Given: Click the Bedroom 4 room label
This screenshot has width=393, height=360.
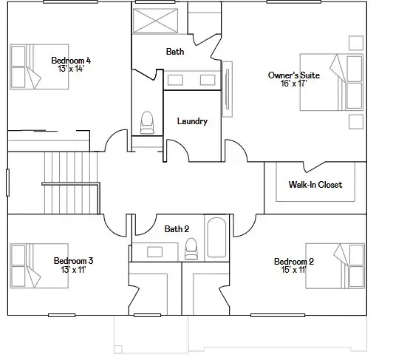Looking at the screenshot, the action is pos(71,61).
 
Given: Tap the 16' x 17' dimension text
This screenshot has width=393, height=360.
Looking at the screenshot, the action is pos(294,84).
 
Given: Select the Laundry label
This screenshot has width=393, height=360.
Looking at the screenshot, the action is pos(192,121).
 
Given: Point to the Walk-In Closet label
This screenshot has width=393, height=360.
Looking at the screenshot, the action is pos(315,185).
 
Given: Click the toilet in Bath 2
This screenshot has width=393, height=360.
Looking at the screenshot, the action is pos(191,248).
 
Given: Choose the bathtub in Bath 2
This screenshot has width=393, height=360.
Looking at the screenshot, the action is pos(216,237).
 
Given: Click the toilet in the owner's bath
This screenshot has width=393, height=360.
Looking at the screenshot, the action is pos(147,123).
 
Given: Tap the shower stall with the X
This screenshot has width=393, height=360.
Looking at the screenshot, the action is pos(155,21).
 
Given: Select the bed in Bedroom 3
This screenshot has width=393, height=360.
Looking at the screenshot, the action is pos(39,265).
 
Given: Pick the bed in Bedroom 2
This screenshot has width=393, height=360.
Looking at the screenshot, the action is pos(335,266).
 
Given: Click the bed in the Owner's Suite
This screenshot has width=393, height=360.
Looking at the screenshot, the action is pos(332,82).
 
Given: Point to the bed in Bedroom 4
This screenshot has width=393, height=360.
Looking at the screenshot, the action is pos(39,67).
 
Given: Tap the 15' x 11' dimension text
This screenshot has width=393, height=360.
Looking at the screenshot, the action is pos(294,270).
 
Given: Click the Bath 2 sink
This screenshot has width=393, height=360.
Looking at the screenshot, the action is pos(154,252).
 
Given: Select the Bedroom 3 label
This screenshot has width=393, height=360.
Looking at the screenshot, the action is pos(73,261).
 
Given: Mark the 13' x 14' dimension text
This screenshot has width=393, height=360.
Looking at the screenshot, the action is pos(71,69).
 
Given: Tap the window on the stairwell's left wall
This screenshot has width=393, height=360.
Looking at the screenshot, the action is pos(8,183).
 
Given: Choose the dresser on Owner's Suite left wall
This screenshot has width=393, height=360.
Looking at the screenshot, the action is pos(228,89).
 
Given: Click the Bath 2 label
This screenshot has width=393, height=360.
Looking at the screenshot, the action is pos(177,229).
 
